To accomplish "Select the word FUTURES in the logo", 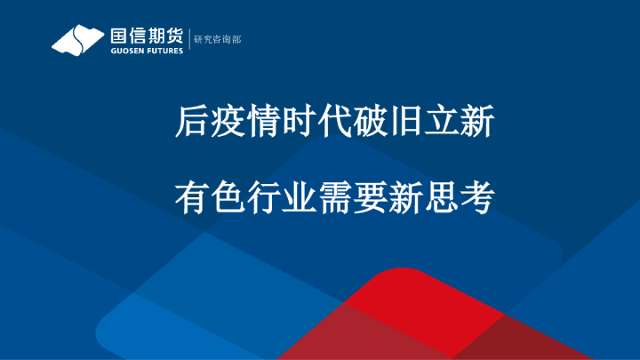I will (164, 51).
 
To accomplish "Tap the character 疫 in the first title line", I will (227, 123).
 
